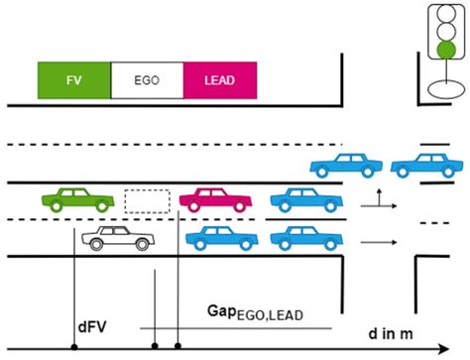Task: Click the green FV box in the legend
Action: [x=73, y=80]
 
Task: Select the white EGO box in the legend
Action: [x=147, y=80]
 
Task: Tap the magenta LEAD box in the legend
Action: [x=220, y=80]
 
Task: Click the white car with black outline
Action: [x=119, y=238]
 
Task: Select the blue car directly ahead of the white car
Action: [x=223, y=238]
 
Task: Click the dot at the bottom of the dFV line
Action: [x=75, y=346]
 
